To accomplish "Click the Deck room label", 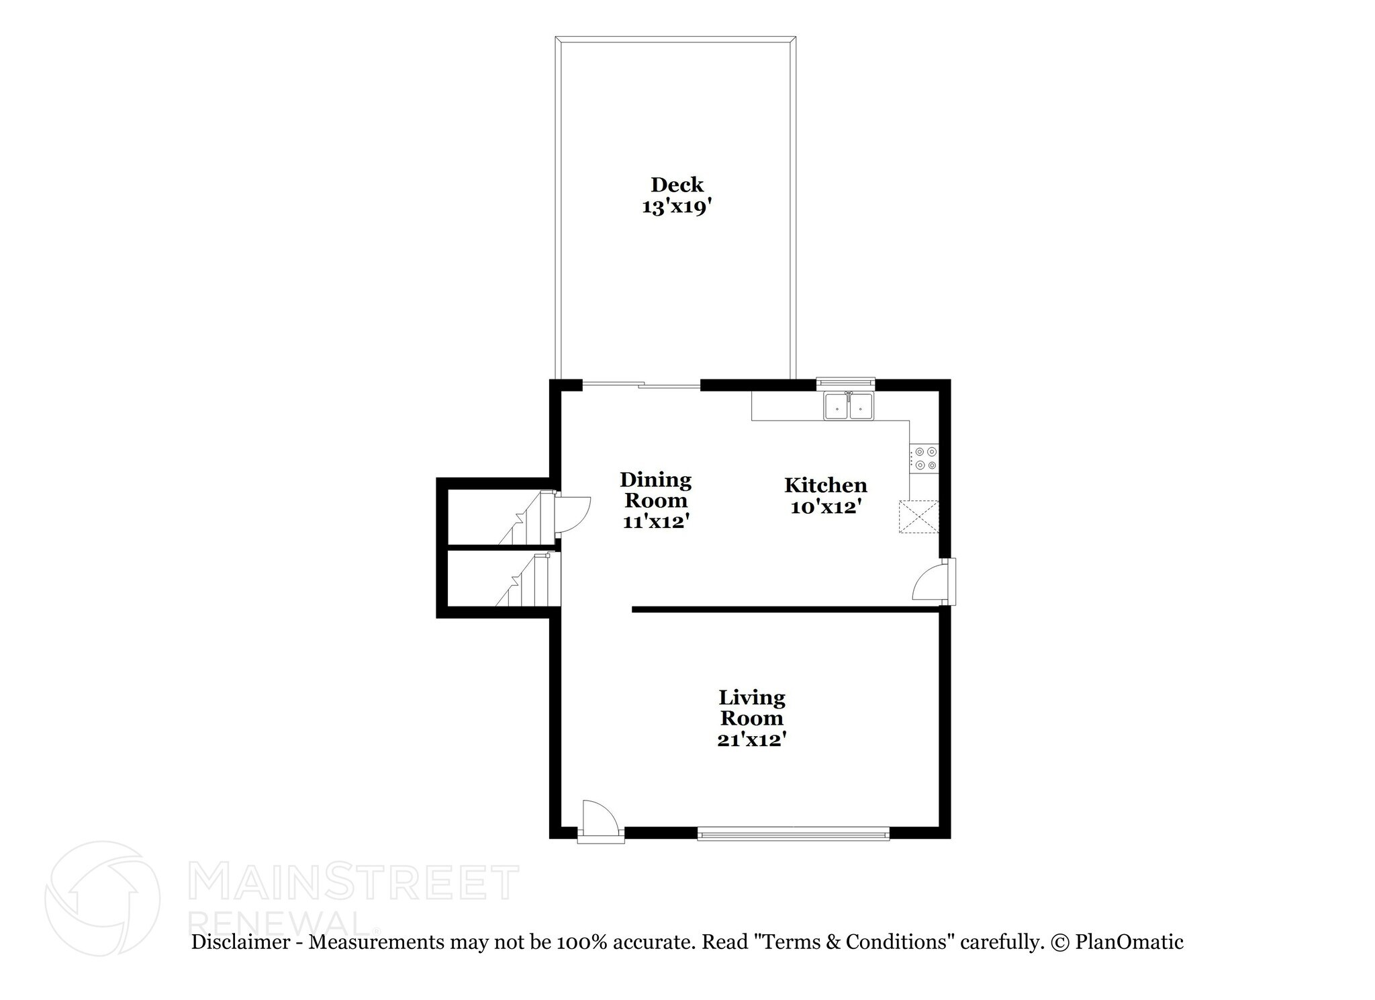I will [x=677, y=185].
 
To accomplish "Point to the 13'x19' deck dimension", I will [x=676, y=208].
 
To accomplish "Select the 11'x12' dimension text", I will [x=656, y=522].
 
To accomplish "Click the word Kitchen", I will [x=825, y=486].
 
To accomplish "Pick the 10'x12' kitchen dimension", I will [x=825, y=507].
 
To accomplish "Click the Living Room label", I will [x=751, y=707].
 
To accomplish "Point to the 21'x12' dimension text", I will [x=751, y=739].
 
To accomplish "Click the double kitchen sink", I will [x=849, y=406].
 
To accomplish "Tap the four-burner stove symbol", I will [x=924, y=459].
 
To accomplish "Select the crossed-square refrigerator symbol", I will [x=919, y=517].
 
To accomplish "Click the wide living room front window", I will [x=794, y=835].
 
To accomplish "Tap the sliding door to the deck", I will [x=641, y=385].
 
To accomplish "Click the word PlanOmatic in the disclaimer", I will [x=1129, y=942].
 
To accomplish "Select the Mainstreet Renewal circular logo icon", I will [x=102, y=899].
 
